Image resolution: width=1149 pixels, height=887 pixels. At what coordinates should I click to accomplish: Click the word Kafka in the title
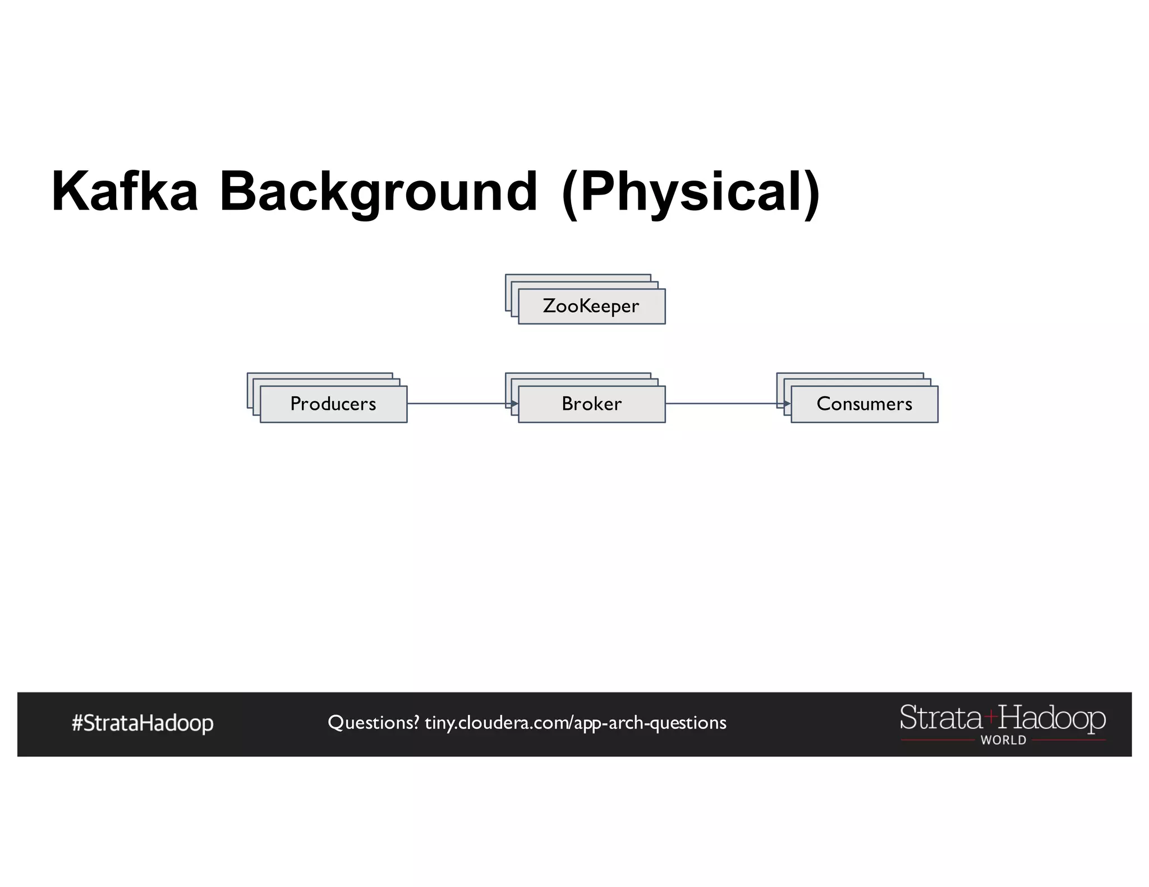coord(125,192)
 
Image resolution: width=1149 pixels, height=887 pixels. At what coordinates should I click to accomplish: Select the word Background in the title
coord(378,192)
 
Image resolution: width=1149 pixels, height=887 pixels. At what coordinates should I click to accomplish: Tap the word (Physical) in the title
coord(691,192)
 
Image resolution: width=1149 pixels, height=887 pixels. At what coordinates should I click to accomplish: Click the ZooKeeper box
coord(591,306)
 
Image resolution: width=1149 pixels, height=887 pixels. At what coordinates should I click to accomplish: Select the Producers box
coord(333,404)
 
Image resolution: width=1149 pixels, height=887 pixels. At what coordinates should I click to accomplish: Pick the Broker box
coord(591,404)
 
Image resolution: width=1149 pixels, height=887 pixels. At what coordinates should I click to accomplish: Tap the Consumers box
coord(864,404)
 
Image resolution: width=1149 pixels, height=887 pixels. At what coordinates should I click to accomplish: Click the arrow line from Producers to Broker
coord(457,403)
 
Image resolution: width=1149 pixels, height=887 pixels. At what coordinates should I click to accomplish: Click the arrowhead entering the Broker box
coord(514,403)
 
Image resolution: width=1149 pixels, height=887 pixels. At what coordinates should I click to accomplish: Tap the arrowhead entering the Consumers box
coord(787,403)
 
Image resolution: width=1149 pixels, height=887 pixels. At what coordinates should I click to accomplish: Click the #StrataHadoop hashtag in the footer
coord(143,723)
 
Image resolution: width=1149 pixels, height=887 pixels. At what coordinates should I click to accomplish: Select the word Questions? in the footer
coord(373,723)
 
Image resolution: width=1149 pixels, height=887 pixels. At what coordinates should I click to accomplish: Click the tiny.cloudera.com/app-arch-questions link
coord(575,723)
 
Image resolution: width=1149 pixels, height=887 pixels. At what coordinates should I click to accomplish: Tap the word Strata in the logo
coord(941,718)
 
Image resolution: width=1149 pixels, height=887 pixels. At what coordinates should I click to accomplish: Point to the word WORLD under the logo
coord(1003,740)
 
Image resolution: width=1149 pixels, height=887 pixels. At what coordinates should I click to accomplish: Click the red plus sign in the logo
coord(990,716)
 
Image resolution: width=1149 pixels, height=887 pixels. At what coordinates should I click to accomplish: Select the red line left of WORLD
coord(937,741)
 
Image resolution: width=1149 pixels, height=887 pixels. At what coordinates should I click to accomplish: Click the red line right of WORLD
coord(1069,741)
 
